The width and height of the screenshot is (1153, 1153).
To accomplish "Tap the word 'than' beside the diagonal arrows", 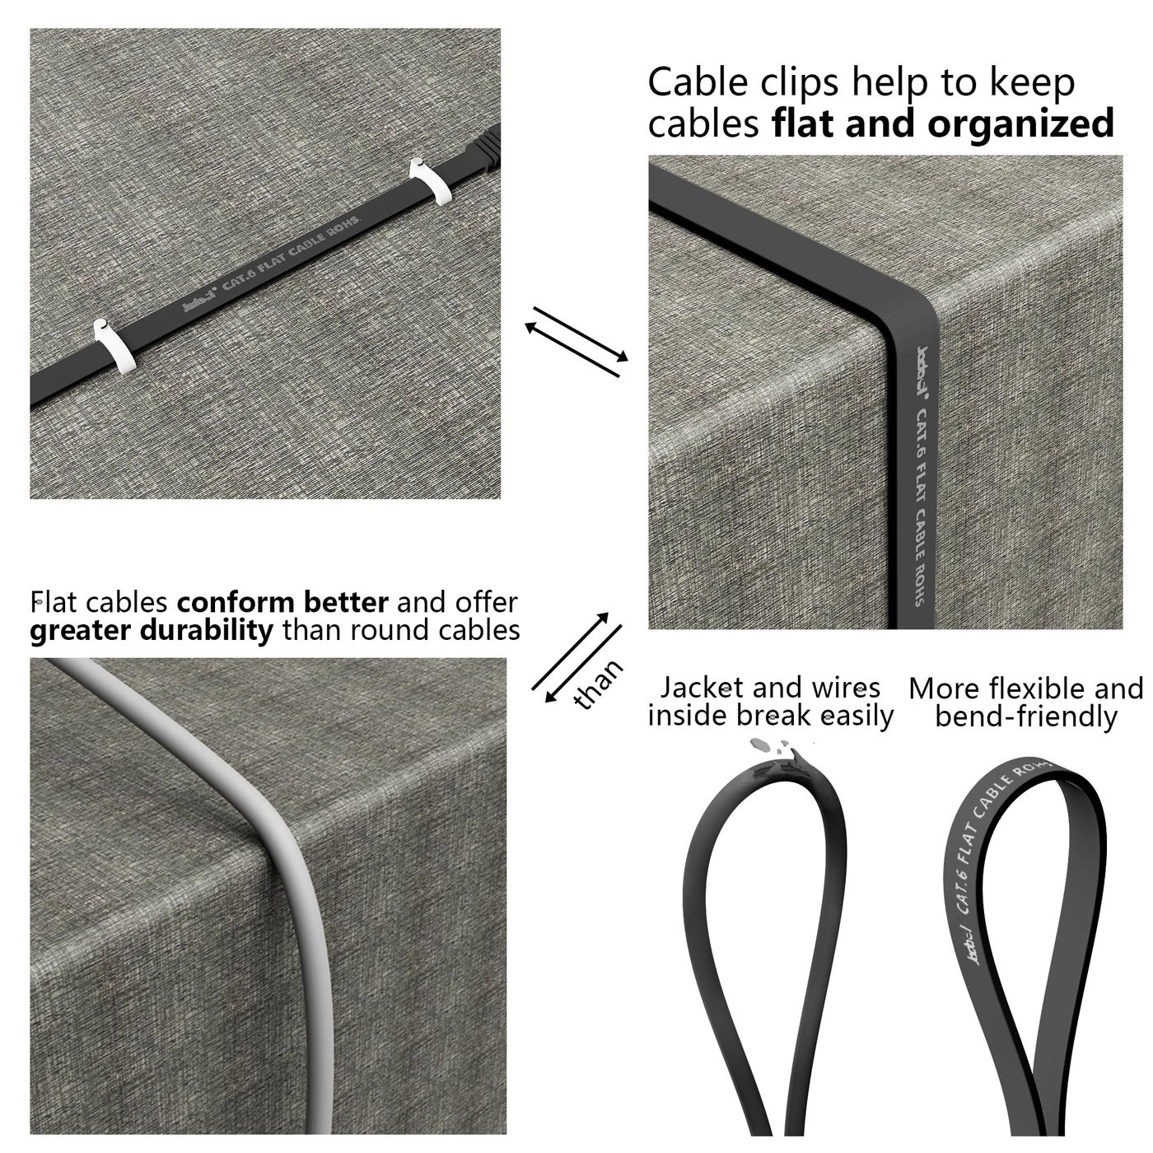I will point(599,684).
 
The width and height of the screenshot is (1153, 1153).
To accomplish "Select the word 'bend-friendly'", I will point(1026,717).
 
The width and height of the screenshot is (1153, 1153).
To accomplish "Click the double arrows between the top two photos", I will point(576,341).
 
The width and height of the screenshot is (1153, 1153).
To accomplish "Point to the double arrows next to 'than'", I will point(576,654).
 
